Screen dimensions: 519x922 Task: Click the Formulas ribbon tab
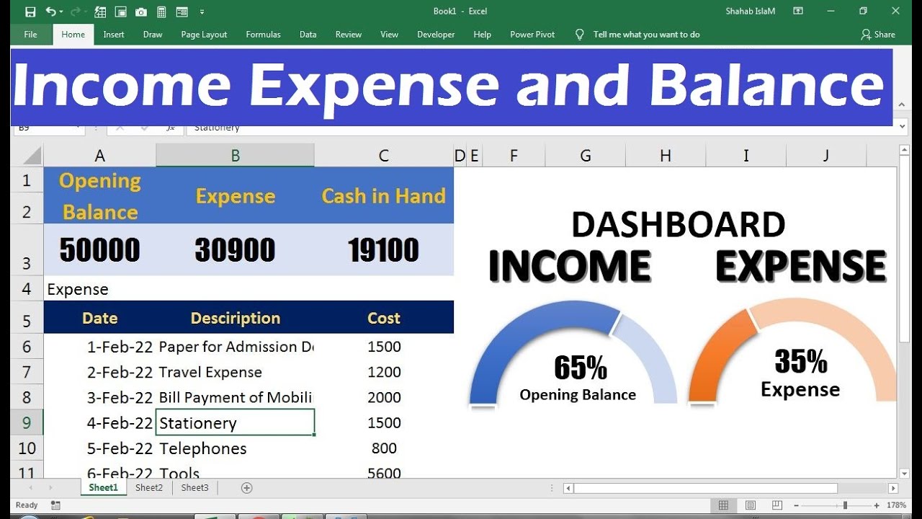(263, 35)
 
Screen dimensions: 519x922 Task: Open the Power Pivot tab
(532, 35)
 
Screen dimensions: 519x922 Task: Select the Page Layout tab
(204, 35)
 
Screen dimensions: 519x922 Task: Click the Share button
(878, 35)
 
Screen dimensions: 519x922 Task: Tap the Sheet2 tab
(149, 488)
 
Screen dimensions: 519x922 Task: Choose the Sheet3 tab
(194, 488)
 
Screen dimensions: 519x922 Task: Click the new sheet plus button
(247, 488)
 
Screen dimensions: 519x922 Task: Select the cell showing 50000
(99, 250)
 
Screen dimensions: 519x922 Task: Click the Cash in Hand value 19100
(383, 250)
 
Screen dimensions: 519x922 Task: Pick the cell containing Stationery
(235, 423)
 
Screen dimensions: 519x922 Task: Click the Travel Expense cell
(210, 372)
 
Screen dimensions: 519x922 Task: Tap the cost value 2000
(384, 397)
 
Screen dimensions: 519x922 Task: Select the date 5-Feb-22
(120, 448)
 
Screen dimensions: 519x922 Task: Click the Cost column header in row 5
(384, 318)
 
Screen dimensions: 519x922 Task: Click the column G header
(586, 155)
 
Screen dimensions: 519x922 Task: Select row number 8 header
(27, 397)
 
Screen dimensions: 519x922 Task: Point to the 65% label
(580, 368)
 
